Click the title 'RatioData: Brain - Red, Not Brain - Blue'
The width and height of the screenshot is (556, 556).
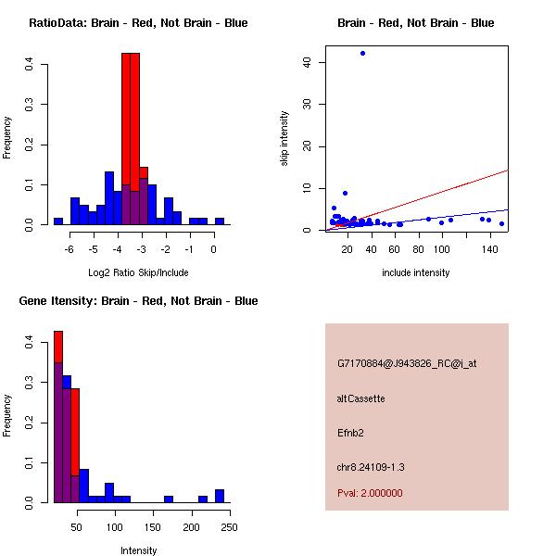coord(138,23)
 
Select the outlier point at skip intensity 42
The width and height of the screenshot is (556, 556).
coord(362,53)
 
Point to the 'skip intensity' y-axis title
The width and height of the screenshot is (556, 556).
coord(284,139)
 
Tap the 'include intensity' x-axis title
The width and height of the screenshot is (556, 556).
coord(415,272)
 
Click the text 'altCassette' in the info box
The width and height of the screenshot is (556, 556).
coord(360,398)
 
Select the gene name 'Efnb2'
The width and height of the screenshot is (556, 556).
coord(350,433)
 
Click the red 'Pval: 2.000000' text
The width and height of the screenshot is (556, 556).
coord(370,493)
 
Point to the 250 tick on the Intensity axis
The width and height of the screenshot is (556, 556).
coord(230,527)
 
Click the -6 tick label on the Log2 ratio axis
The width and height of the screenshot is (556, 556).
coord(69,249)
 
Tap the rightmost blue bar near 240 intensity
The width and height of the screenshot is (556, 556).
coord(220,496)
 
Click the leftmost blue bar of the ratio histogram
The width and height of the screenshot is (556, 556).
coord(57,221)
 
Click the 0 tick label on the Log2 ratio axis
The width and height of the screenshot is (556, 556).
coord(214,249)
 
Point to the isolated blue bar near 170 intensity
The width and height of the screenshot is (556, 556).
coord(169,499)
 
